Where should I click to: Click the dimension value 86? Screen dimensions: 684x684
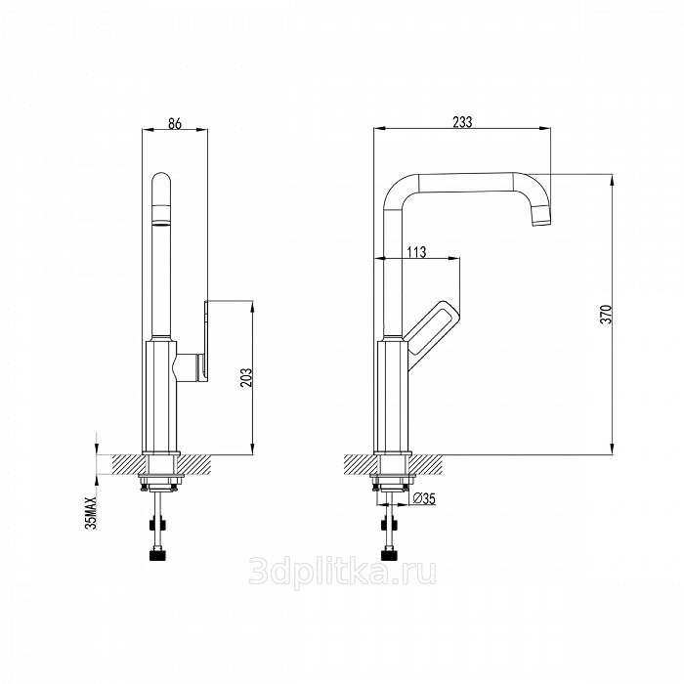tap(175, 123)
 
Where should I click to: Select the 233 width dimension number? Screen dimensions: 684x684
tap(462, 122)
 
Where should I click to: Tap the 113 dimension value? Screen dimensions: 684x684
tap(416, 252)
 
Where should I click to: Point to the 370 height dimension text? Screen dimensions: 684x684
tap(607, 314)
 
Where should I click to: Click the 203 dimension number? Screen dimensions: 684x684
tap(246, 378)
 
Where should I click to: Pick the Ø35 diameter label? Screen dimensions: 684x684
tap(424, 498)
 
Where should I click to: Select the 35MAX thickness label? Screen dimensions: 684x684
tap(91, 512)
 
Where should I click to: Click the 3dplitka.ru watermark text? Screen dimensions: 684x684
tap(342, 572)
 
